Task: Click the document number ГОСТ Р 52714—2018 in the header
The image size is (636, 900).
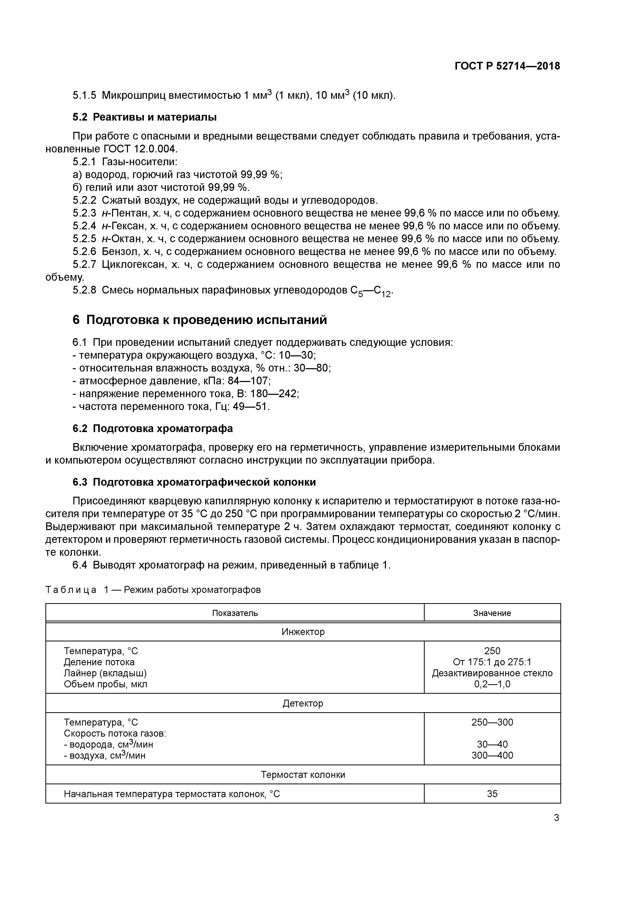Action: click(507, 66)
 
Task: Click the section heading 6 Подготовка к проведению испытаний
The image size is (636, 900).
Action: click(200, 320)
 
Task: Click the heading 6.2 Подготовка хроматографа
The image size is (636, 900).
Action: click(153, 428)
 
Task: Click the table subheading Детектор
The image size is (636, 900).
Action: click(303, 703)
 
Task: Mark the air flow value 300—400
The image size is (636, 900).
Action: click(492, 755)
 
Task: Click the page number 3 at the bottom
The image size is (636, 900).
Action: click(556, 818)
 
